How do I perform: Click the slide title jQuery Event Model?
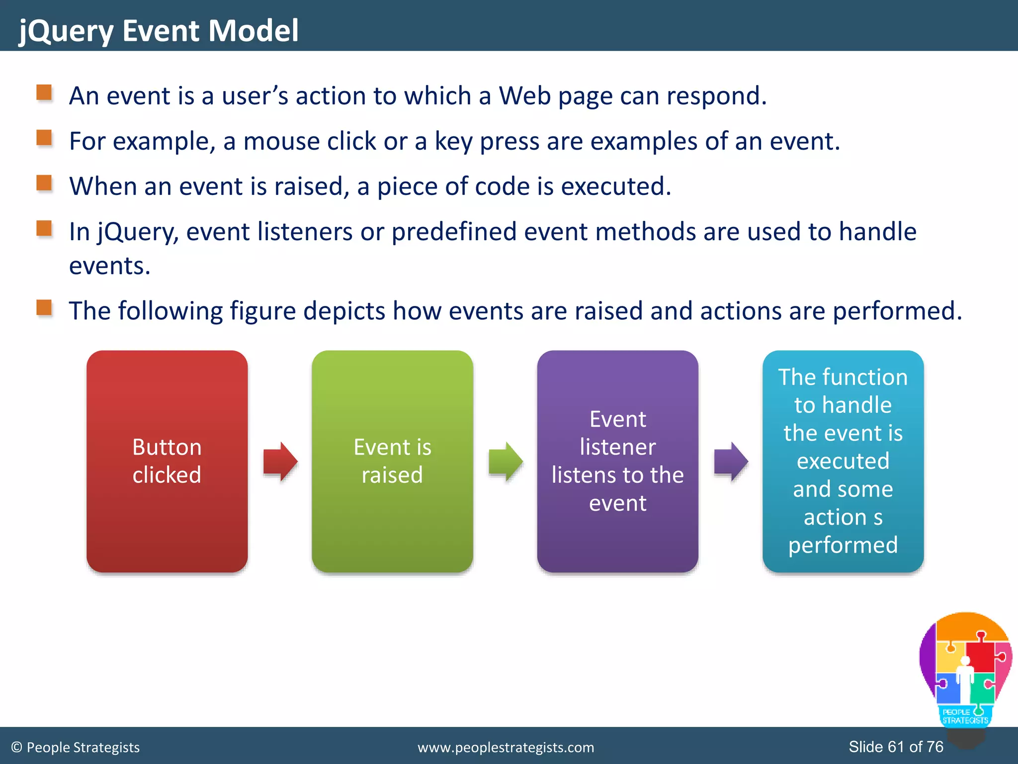pos(159,31)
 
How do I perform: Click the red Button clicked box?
pos(167,461)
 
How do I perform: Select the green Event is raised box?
pos(392,461)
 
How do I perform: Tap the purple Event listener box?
pos(617,461)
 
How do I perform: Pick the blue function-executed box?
pos(843,461)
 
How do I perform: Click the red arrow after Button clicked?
pos(280,461)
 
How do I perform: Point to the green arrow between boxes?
pos(506,461)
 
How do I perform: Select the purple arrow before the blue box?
pos(731,461)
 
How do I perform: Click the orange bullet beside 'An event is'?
pos(44,93)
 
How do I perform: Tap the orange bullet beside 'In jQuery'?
pos(44,229)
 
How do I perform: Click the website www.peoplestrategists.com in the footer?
pos(506,748)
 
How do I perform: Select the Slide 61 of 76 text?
pos(896,747)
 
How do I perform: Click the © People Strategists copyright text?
pos(76,748)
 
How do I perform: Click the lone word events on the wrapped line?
pos(109,266)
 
